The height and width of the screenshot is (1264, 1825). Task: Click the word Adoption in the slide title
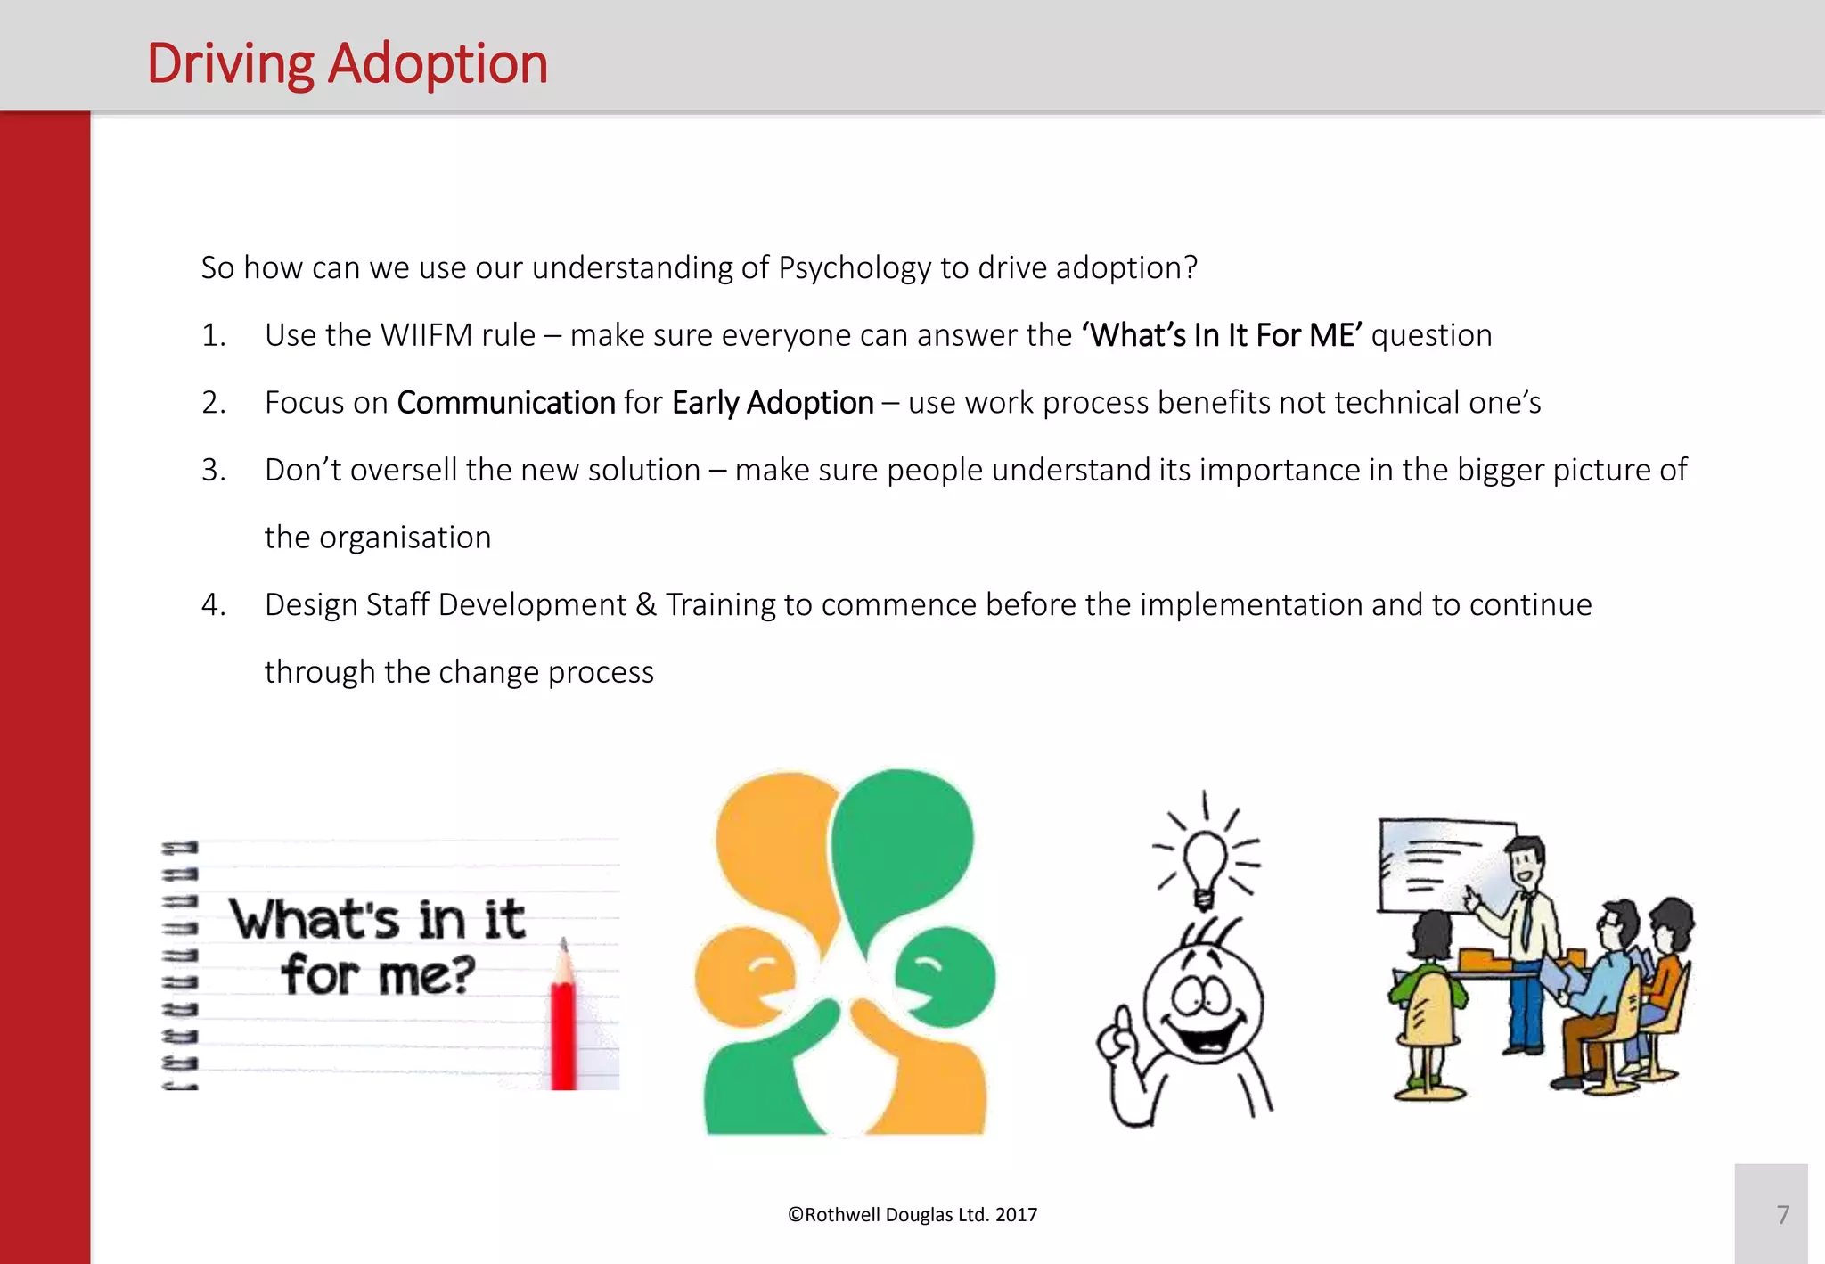[438, 64]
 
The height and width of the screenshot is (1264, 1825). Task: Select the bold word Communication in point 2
[505, 403]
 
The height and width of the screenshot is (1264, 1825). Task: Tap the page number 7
[1782, 1214]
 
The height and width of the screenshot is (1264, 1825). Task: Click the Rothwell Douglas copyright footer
[912, 1214]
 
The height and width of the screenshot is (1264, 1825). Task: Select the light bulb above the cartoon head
[1205, 865]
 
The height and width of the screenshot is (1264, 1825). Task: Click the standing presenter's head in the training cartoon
[1526, 860]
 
